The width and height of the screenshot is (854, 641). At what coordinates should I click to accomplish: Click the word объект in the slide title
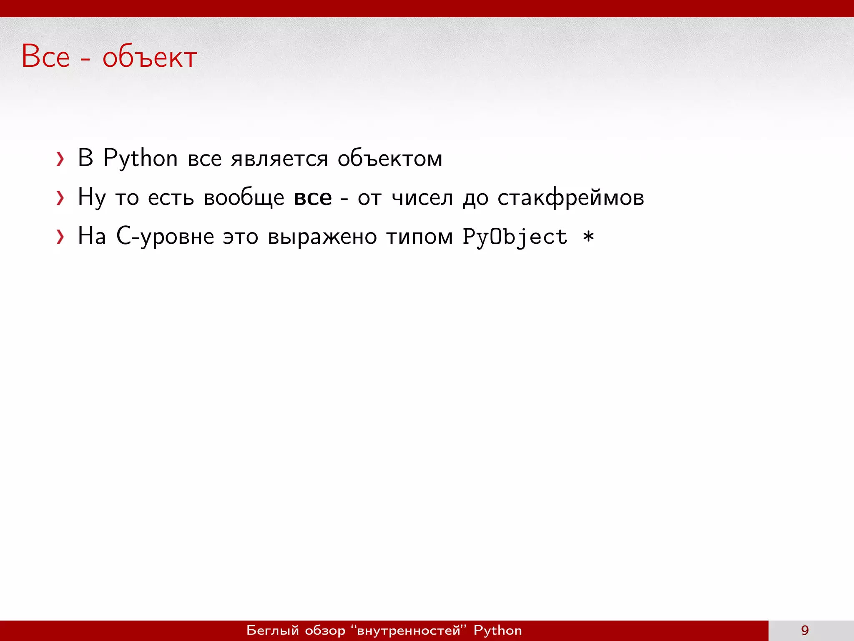(x=149, y=58)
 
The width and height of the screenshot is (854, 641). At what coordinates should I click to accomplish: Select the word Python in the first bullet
(x=141, y=159)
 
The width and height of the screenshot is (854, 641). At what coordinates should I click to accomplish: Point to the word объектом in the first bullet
(x=390, y=159)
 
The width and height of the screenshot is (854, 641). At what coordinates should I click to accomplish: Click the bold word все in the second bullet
(x=313, y=198)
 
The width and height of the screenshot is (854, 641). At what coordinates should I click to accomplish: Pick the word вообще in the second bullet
(x=244, y=198)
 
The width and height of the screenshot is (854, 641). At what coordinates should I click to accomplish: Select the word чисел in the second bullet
(x=422, y=198)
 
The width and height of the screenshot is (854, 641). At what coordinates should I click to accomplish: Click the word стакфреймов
(x=571, y=198)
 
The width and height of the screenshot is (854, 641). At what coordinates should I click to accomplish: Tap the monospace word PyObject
(x=515, y=237)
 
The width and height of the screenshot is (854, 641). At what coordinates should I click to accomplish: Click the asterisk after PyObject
(x=588, y=237)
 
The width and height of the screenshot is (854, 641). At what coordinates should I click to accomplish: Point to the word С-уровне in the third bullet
(x=165, y=237)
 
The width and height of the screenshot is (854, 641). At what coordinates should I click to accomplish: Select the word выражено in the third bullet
(x=322, y=237)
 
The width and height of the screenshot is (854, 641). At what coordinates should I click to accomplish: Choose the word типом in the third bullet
(x=419, y=237)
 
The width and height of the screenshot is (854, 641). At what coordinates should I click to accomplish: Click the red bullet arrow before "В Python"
(x=60, y=159)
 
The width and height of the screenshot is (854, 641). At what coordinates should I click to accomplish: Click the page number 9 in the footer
(x=805, y=630)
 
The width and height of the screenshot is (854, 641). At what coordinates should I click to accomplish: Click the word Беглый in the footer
(x=273, y=630)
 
